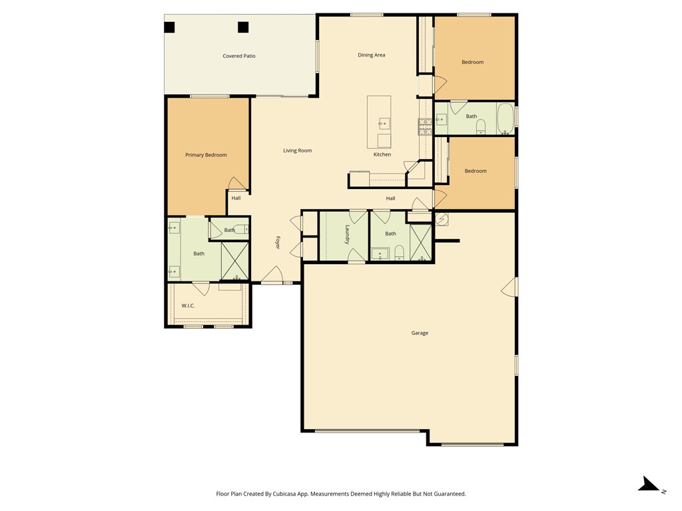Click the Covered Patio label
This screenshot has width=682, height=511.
pos(238,57)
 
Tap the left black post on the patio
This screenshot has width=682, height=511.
pos(170,27)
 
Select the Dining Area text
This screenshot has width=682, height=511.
pos(371,55)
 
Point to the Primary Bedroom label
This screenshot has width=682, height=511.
pos(206,155)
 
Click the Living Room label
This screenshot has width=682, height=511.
pos(297,150)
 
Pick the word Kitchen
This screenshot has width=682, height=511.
pos(382,154)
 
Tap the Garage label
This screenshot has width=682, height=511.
pos(420,333)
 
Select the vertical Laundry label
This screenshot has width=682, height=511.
pos(347,234)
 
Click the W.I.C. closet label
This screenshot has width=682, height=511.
pos(188,305)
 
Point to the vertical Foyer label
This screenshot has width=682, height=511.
pos(278,242)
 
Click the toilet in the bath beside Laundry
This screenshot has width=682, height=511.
pos(399,252)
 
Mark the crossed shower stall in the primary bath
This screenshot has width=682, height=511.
pos(234,260)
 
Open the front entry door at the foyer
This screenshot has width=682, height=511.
pos(272,275)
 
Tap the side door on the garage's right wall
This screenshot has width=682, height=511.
pos(510,287)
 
